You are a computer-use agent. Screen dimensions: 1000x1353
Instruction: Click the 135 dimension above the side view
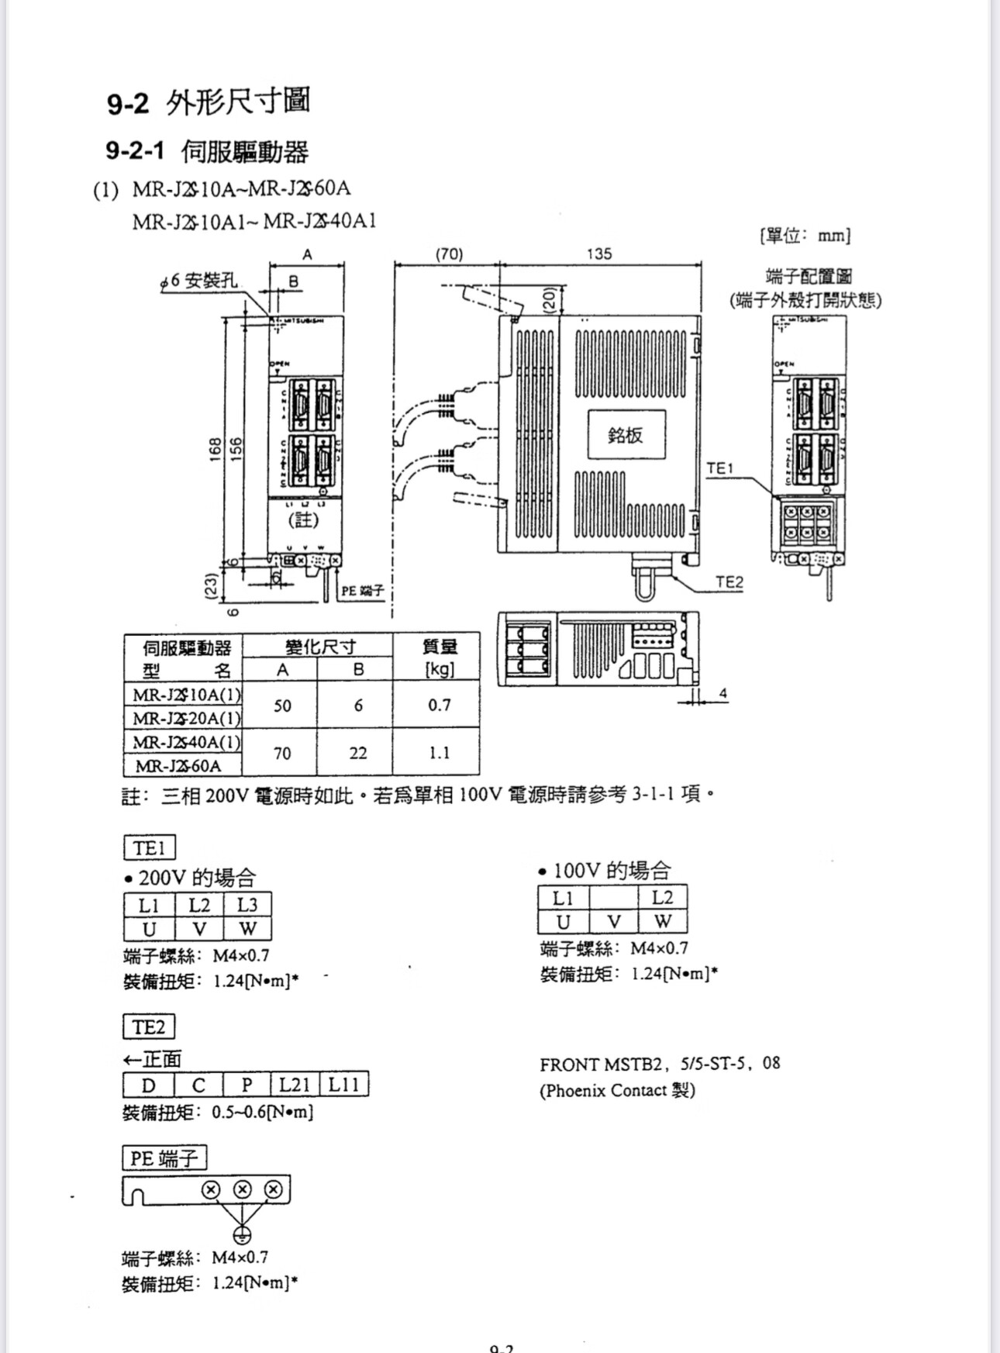point(598,254)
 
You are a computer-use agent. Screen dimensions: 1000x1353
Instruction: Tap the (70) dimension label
point(449,254)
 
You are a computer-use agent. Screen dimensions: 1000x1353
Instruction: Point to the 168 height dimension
point(215,449)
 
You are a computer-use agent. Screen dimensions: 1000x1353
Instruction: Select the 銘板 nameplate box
point(626,435)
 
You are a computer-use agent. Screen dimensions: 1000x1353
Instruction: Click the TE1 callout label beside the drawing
point(719,468)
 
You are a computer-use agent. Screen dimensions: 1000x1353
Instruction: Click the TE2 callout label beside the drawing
point(729,582)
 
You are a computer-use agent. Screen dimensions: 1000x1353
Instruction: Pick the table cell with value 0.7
point(439,705)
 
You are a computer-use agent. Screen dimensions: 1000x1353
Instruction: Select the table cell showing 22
point(357,752)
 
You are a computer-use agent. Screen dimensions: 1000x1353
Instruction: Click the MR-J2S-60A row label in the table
point(179,766)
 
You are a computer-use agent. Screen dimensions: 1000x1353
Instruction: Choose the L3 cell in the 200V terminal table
point(247,905)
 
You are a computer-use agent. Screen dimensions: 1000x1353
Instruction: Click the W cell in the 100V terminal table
point(662,921)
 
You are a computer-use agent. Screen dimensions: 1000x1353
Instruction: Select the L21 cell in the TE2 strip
point(295,1084)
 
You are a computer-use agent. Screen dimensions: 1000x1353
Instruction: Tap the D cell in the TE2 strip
point(148,1085)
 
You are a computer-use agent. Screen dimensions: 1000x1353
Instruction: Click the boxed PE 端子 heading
point(164,1158)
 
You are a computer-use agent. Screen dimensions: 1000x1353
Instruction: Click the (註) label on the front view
point(303,519)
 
